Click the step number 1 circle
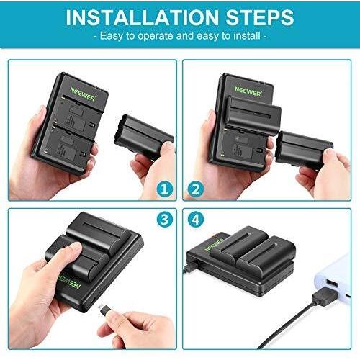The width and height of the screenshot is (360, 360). point(165,189)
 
